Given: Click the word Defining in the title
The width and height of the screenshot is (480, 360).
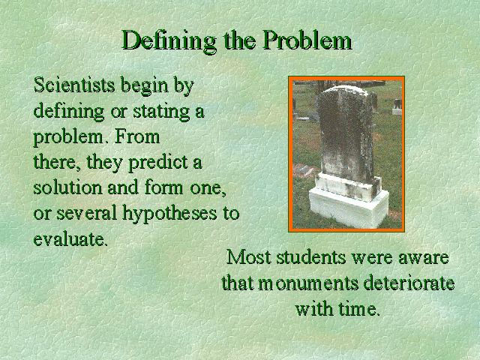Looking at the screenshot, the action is click(169, 40).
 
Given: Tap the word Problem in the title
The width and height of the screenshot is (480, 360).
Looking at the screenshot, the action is click(307, 40).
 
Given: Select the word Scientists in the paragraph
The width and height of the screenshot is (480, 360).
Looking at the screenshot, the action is click(74, 85).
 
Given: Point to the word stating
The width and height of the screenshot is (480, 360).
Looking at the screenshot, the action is click(161, 112).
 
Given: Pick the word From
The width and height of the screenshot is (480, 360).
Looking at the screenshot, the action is click(136, 136).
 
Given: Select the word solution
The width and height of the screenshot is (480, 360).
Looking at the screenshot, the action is click(67, 187).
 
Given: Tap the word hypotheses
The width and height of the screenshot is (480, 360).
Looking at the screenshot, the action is click(169, 214).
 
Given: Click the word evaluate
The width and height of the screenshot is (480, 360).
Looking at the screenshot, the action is click(70, 239).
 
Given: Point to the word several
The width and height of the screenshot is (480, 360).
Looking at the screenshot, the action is click(87, 213).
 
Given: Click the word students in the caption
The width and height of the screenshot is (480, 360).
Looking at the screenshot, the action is click(310, 257).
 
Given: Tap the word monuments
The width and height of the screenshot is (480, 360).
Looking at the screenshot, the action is click(308, 283).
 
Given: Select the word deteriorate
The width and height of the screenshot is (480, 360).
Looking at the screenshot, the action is click(409, 283).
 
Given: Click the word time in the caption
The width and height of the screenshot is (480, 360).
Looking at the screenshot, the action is click(358, 308).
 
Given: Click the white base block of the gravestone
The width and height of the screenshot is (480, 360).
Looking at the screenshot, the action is click(349, 208).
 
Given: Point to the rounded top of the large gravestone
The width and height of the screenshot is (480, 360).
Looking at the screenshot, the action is click(343, 91).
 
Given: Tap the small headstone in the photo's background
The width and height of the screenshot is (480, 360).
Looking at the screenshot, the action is click(397, 107).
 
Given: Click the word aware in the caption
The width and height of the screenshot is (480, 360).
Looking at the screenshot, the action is click(423, 259).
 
